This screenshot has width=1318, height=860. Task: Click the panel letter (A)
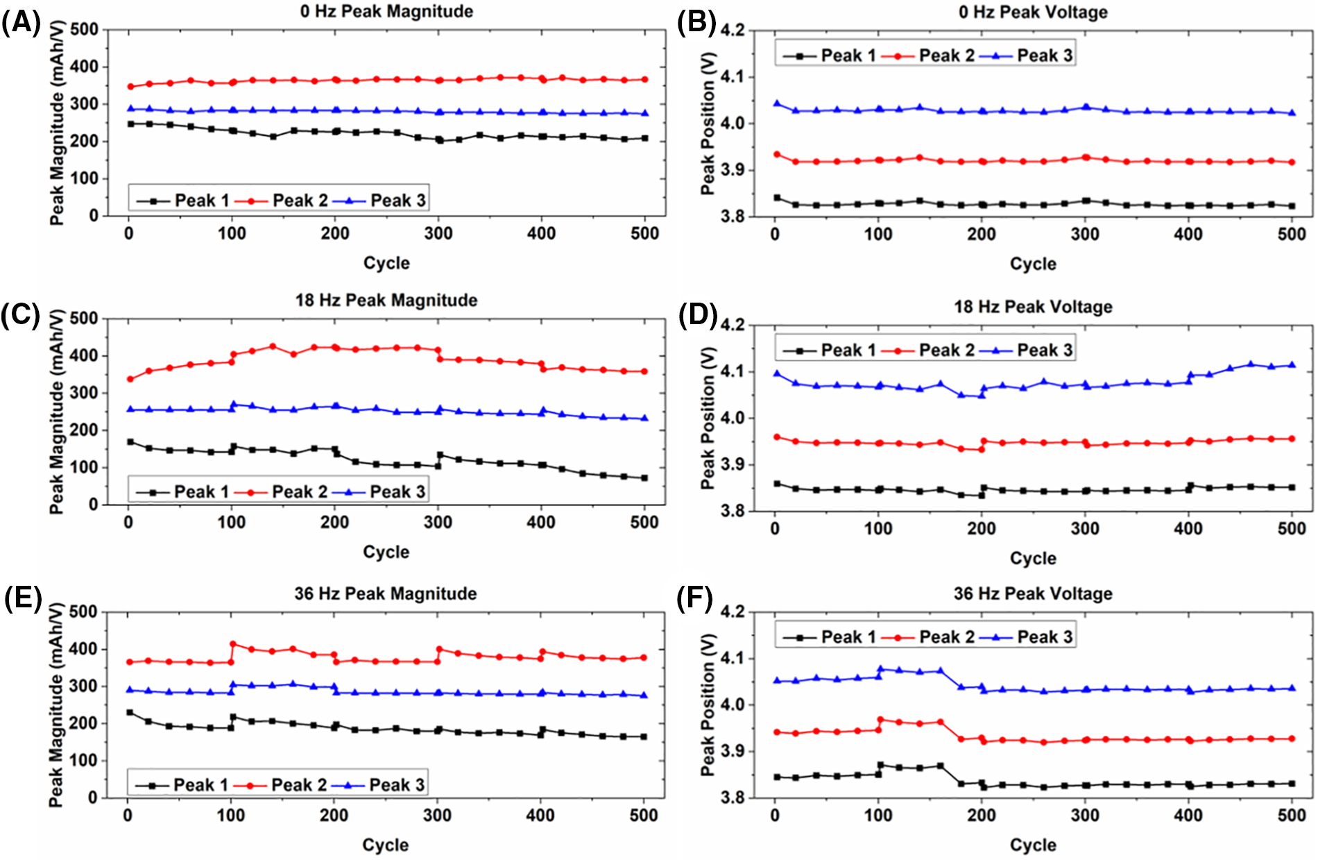(x=21, y=24)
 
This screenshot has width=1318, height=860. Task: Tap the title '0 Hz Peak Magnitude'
(x=386, y=11)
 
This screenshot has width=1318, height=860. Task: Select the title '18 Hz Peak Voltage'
(x=1033, y=307)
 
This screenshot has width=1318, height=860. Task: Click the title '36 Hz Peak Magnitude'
(x=386, y=593)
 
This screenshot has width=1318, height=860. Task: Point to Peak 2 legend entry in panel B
(x=930, y=56)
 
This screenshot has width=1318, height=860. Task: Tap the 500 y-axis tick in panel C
(x=84, y=319)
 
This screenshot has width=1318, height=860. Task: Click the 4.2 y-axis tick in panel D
(x=733, y=325)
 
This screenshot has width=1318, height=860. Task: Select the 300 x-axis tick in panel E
(x=437, y=815)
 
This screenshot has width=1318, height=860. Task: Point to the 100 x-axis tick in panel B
(x=878, y=235)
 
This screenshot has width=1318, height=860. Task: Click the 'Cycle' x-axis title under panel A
(x=386, y=263)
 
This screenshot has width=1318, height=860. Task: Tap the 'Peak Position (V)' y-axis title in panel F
(x=708, y=705)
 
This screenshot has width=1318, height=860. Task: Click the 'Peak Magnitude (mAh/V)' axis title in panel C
(x=57, y=412)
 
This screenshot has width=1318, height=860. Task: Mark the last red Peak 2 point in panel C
(x=644, y=371)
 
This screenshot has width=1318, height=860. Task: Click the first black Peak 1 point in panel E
(x=130, y=712)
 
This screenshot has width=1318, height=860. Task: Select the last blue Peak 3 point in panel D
(x=1292, y=364)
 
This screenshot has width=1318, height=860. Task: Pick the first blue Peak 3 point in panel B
(x=777, y=103)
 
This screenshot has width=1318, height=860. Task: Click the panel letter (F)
(x=694, y=599)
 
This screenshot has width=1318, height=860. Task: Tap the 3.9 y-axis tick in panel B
(x=733, y=170)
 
